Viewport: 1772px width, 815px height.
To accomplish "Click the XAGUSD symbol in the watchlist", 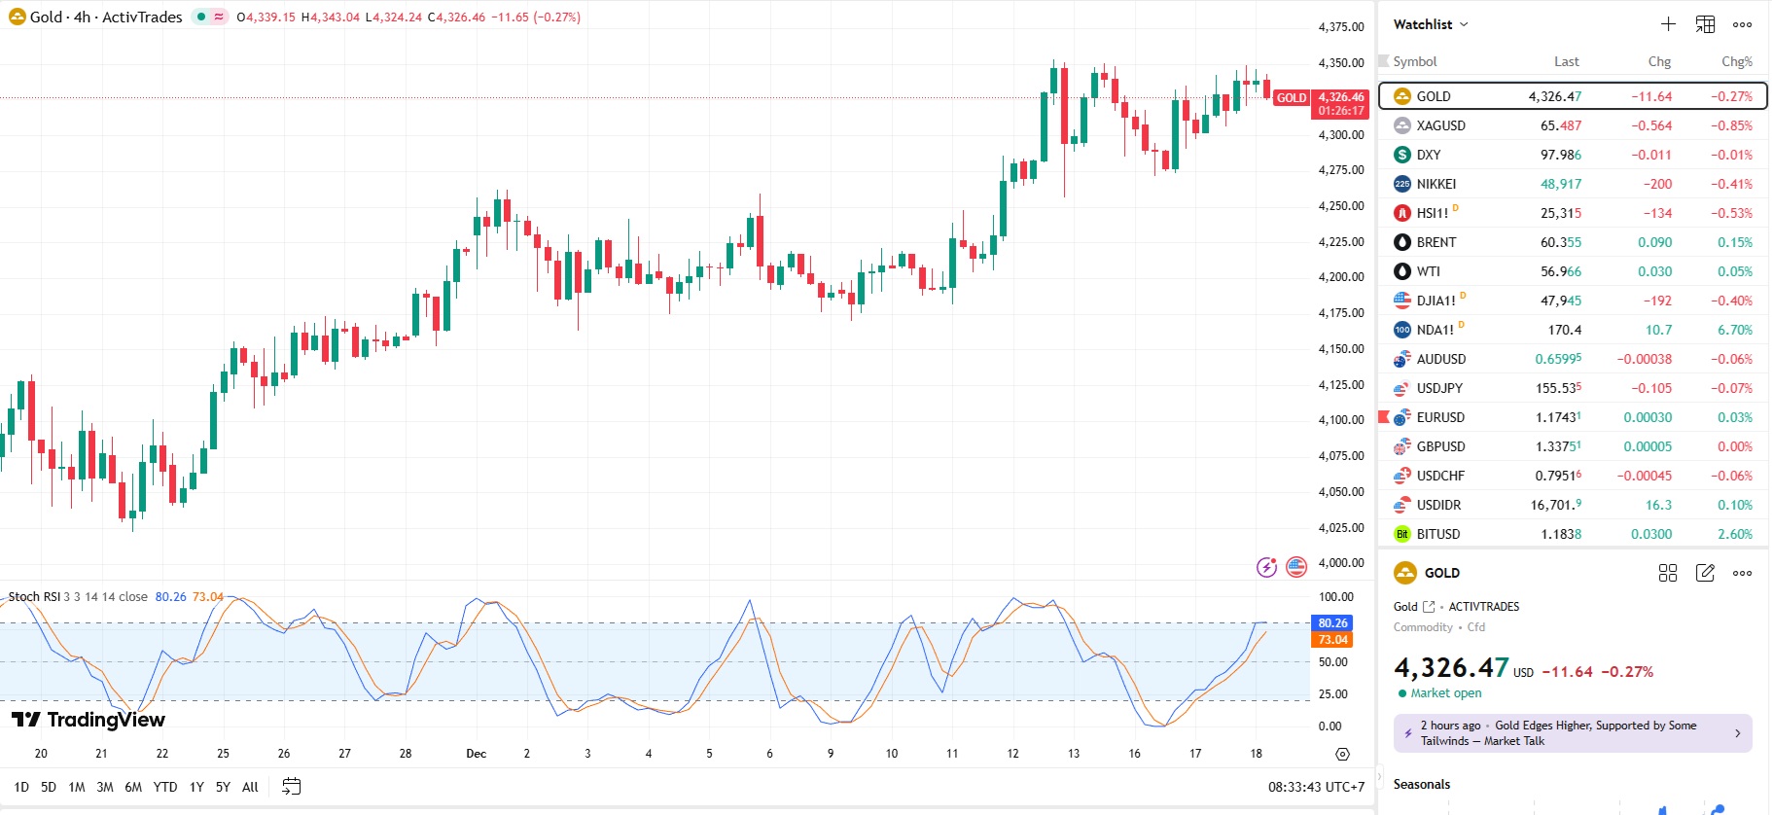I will point(1440,125).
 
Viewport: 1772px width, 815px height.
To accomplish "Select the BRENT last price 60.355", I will point(1560,242).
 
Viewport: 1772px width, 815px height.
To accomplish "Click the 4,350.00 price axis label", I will point(1341,63).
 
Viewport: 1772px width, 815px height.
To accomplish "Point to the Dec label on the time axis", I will point(476,754).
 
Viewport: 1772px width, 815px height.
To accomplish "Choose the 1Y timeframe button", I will point(196,787).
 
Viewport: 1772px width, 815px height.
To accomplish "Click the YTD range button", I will point(165,787).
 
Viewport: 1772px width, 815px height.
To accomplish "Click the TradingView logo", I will point(89,720).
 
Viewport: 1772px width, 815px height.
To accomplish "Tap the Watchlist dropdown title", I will point(1430,24).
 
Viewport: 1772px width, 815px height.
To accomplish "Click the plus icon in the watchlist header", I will point(1668,24).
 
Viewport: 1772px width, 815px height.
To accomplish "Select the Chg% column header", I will point(1736,61).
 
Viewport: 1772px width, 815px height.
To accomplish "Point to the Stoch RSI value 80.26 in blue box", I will point(1332,623).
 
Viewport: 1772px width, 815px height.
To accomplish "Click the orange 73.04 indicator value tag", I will point(1332,640).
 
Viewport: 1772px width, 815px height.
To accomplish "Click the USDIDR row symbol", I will point(1438,505).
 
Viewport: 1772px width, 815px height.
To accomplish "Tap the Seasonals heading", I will point(1421,784).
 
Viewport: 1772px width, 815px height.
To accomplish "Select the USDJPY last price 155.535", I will point(1558,388).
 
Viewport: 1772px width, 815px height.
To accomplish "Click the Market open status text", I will point(1445,693).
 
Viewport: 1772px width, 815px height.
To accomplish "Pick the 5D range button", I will point(49,787).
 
